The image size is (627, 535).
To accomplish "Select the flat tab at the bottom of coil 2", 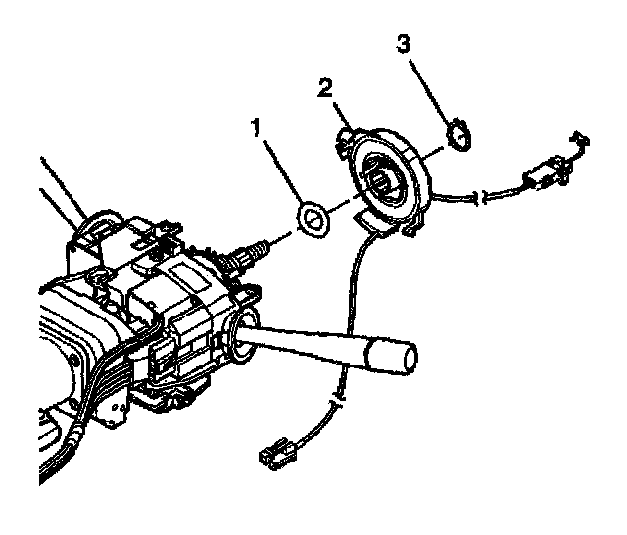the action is pos(368,221).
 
